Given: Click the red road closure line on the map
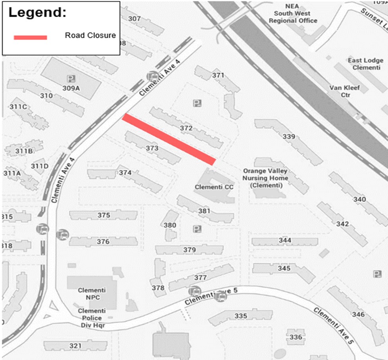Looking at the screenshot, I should pos(169,139).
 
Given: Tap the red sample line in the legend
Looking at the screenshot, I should pos(31,37).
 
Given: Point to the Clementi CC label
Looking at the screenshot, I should pos(211,187).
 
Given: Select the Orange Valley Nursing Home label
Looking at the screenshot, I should pos(265,178).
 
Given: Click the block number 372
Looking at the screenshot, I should pos(186,128).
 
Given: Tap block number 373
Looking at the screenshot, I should pos(152,148).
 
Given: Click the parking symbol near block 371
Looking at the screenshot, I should pos(196,103).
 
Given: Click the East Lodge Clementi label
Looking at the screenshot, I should pos(365,64).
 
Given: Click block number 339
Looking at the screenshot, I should pos(289,137).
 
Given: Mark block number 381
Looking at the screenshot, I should pos(204,211).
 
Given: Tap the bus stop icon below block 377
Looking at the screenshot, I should pos(194,291).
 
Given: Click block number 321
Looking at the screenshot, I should pos(75,346).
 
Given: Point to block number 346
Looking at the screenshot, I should pos(358,314).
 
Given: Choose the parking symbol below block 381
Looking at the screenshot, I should pos(196,229).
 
